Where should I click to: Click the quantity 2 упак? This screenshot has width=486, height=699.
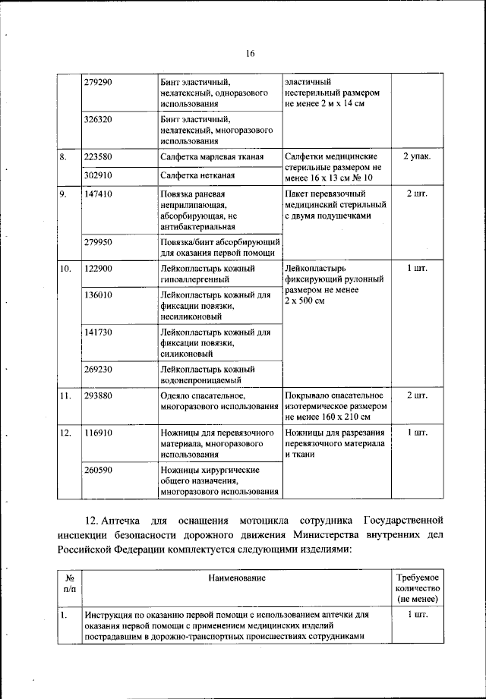pyautogui.click(x=417, y=156)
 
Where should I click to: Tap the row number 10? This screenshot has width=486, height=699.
pyautogui.click(x=66, y=269)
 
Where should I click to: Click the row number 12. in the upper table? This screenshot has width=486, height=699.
pyautogui.click(x=66, y=432)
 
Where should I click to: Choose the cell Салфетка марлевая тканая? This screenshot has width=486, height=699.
pyautogui.click(x=212, y=157)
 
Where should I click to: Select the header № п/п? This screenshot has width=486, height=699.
pyautogui.click(x=69, y=583)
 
